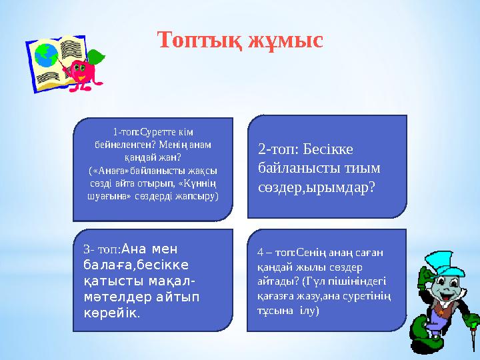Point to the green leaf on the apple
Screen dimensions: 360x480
(x=97, y=55)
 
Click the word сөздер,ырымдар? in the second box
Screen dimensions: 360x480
(x=317, y=188)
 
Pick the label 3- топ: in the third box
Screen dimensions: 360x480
(x=102, y=249)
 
